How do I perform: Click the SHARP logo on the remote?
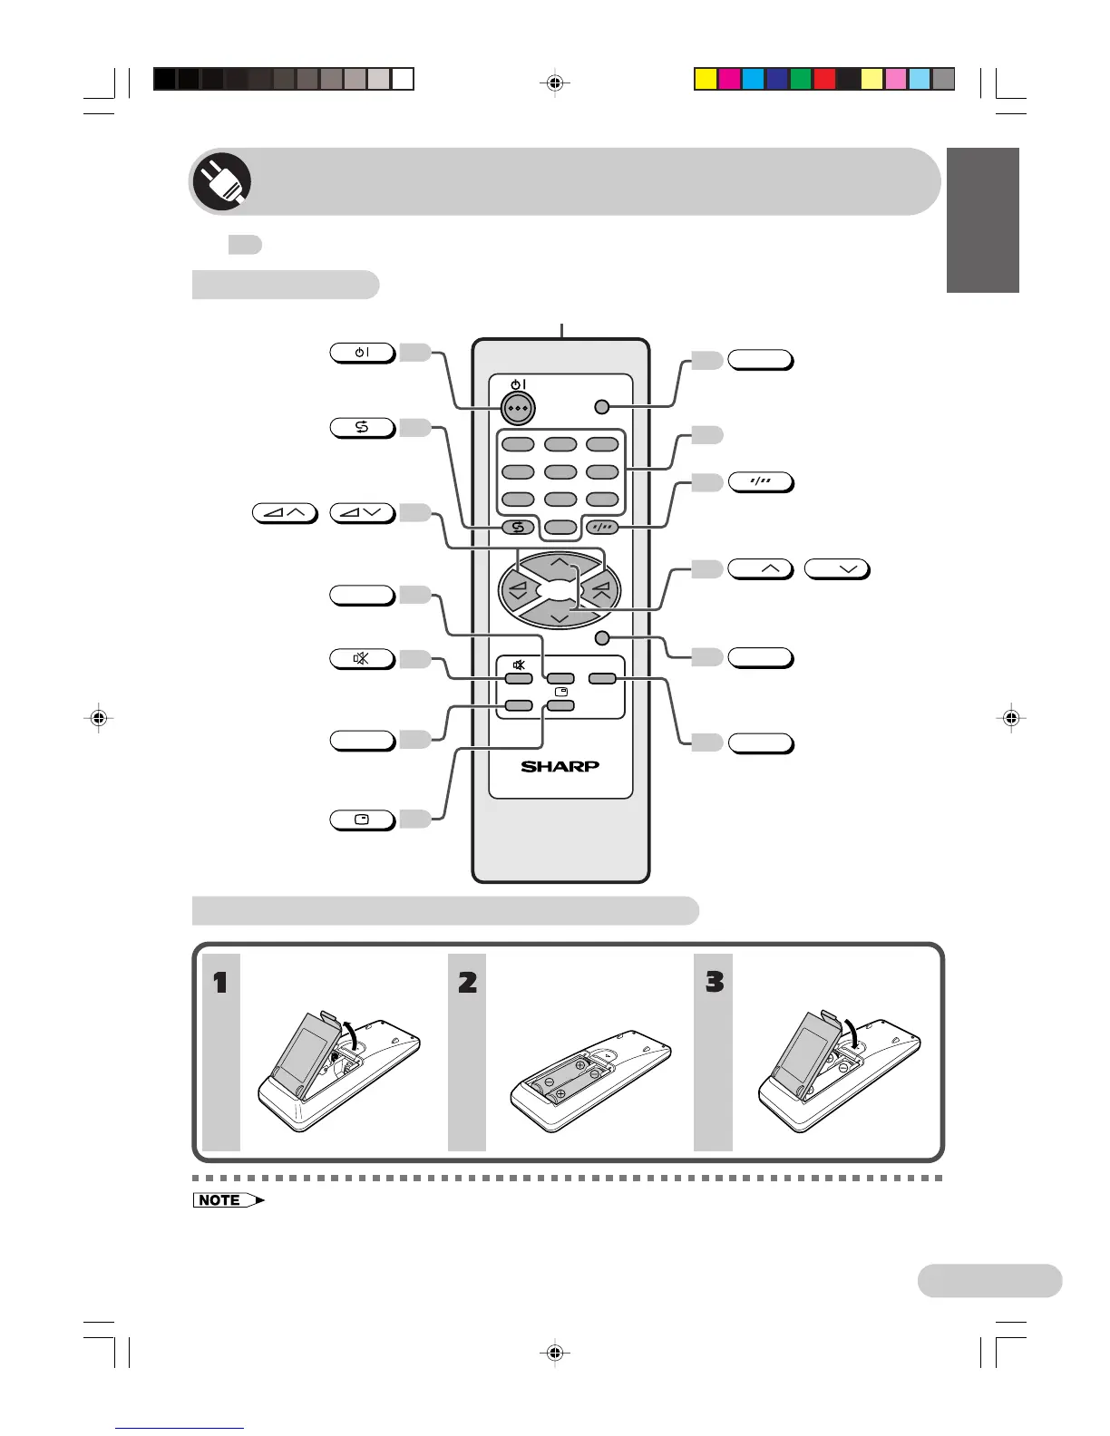(560, 766)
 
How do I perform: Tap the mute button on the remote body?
(518, 678)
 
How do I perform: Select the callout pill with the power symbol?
(362, 353)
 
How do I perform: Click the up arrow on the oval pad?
(560, 564)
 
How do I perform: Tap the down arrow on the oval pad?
(560, 617)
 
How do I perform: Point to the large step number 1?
(220, 982)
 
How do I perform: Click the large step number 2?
(467, 982)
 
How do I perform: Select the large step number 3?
(714, 982)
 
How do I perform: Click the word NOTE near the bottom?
(219, 1200)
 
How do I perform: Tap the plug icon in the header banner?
(221, 181)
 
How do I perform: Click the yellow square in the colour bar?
(706, 80)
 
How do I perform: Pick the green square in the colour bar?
(800, 80)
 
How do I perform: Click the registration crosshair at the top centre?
(555, 83)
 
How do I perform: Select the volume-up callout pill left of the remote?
(285, 514)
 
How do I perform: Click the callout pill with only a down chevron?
(837, 569)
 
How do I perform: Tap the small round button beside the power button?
(601, 406)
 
